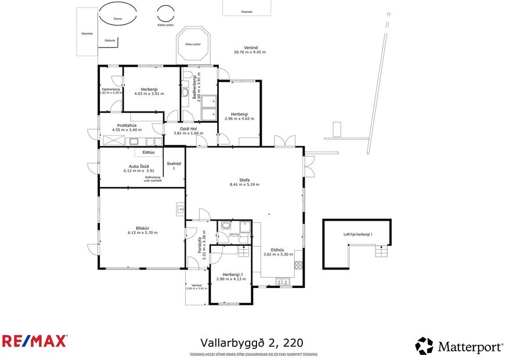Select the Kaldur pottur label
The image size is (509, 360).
point(165,25)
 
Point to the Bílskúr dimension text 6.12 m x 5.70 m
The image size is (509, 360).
point(142,232)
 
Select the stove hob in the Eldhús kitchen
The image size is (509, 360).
point(299,266)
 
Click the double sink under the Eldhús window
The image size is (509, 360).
point(284,283)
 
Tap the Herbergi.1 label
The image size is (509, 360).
point(230,275)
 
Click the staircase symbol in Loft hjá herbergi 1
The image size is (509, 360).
point(379,251)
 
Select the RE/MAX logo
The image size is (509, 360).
point(34,341)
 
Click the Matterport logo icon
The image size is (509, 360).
point(424,346)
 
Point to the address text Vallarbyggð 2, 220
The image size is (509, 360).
point(251,343)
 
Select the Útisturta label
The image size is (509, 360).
point(110,41)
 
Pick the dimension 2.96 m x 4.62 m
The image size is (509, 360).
point(239,118)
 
